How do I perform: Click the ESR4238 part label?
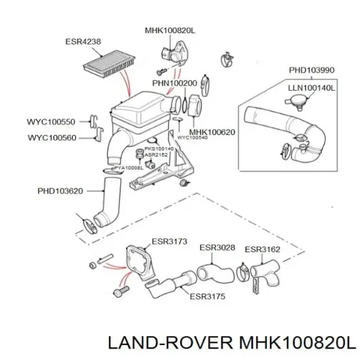point(83,42)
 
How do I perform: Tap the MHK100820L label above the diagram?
point(171,30)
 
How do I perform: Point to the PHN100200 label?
point(175,83)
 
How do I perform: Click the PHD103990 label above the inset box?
point(311,70)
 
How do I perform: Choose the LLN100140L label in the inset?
point(311,88)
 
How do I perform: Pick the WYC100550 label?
point(51,122)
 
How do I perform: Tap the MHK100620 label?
point(212,132)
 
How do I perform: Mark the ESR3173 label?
point(170,242)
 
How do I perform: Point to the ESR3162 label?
point(263,248)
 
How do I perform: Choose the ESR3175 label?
point(207,296)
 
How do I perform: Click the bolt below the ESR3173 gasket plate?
point(120,292)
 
